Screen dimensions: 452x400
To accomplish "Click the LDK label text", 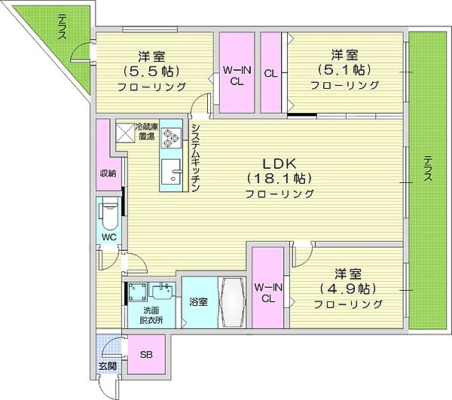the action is click(x=279, y=163).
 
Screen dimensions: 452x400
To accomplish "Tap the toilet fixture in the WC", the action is click(x=108, y=215).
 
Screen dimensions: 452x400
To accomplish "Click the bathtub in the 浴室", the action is click(x=232, y=302).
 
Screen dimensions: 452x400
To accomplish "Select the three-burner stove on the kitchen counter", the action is click(x=171, y=138).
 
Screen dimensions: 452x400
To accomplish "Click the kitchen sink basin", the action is click(x=171, y=172).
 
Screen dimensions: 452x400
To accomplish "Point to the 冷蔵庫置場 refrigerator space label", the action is click(x=147, y=131).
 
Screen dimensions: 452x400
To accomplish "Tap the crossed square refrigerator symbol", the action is click(x=125, y=133).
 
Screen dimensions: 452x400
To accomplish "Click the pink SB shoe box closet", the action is click(x=146, y=354).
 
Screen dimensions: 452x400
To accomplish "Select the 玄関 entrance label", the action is click(x=108, y=366).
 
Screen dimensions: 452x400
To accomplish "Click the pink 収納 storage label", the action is click(x=108, y=173).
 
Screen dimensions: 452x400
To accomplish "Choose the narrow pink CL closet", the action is click(x=270, y=72).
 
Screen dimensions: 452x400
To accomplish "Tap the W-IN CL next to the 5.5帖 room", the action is click(x=237, y=72).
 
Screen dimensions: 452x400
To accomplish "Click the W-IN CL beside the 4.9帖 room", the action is click(x=267, y=288).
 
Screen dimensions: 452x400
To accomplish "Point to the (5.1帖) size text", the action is click(x=344, y=69).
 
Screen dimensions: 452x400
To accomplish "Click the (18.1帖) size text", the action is click(x=279, y=179).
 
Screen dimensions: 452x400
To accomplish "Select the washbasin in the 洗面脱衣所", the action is click(x=163, y=292).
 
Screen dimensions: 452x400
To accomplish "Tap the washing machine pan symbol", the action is click(x=138, y=292).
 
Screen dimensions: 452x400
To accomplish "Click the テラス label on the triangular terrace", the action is click(x=62, y=26).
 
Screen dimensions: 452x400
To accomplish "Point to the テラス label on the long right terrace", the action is click(x=428, y=168).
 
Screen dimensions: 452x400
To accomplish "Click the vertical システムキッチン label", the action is click(x=195, y=158).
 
